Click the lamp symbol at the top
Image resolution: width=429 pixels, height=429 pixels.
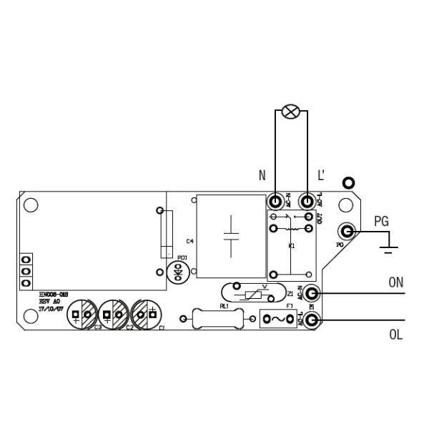pyautogui.click(x=290, y=111)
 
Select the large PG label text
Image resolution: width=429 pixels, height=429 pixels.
pyautogui.click(x=382, y=222)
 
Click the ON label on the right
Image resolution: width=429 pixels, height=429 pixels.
pyautogui.click(x=396, y=282)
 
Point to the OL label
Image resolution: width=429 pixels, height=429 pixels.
pyautogui.click(x=396, y=334)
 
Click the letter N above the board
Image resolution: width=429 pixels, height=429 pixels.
pyautogui.click(x=262, y=175)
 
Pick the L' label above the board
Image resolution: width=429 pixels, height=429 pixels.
pyautogui.click(x=321, y=175)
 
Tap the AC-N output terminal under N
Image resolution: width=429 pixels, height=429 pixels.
pyautogui.click(x=275, y=202)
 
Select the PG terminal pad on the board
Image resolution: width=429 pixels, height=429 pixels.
pyautogui.click(x=348, y=231)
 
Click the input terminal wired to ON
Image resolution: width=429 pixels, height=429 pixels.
pyautogui.click(x=312, y=293)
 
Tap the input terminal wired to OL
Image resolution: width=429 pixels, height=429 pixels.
pyautogui.click(x=312, y=320)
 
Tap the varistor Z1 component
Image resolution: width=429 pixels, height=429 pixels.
pyautogui.click(x=252, y=293)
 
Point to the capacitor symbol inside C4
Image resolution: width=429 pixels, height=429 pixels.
pyautogui.click(x=231, y=236)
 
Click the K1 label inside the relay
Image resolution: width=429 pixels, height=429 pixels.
pyautogui.click(x=292, y=246)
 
